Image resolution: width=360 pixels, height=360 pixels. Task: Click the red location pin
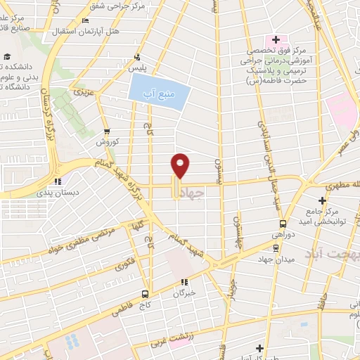[181, 165]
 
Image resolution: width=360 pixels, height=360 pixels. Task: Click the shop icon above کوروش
[106, 130]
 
